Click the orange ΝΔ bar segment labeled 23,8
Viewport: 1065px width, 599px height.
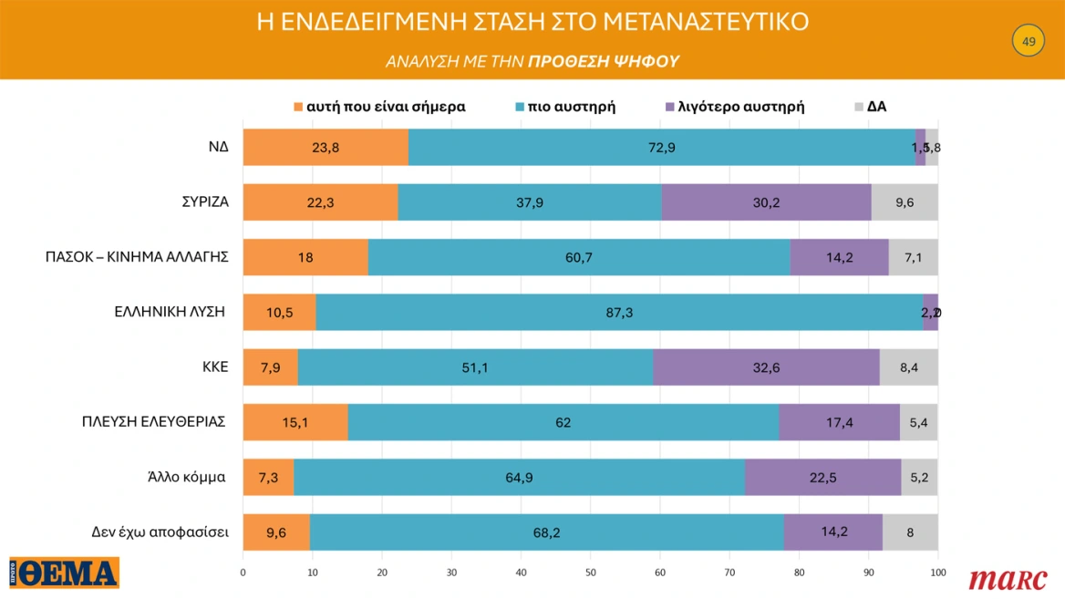tap(326, 148)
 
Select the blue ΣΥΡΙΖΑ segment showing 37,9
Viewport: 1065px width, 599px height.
tap(529, 202)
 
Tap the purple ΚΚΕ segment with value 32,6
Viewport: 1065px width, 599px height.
tap(766, 367)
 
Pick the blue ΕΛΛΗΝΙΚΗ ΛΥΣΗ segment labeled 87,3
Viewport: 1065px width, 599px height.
tap(619, 313)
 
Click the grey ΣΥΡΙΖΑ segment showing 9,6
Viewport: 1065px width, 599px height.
tap(904, 202)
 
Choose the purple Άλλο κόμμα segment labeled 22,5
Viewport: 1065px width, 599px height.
tap(822, 478)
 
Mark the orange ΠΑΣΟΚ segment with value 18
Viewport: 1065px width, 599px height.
tap(305, 258)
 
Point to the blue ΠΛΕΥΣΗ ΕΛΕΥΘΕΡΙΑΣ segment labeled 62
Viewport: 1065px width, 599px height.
tap(563, 423)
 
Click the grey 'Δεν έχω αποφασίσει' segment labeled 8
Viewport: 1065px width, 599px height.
tap(909, 532)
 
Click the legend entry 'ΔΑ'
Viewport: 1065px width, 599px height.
tap(876, 107)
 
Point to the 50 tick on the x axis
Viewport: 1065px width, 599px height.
tap(590, 573)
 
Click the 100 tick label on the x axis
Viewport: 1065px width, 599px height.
tap(937, 573)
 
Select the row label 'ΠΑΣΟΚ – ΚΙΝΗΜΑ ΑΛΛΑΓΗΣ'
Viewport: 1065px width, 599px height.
tap(136, 258)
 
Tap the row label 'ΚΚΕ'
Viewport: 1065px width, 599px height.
tap(216, 367)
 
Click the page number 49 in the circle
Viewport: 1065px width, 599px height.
tap(1029, 42)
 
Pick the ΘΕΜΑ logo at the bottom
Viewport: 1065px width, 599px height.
tap(65, 573)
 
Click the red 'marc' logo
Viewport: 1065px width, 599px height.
tap(1008, 578)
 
